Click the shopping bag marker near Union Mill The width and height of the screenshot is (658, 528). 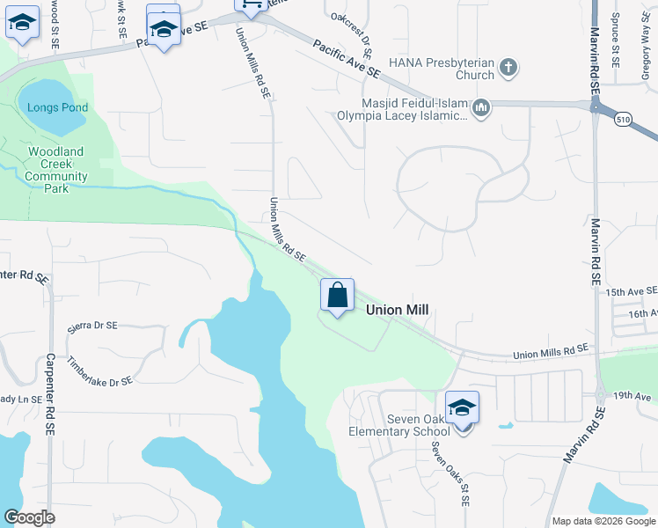point(337,296)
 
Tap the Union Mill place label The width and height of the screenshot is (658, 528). point(396,310)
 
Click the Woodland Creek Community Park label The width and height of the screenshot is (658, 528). point(55,164)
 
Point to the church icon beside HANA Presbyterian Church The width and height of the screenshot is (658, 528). point(508,67)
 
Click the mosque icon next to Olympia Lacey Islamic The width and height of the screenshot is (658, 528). point(480,108)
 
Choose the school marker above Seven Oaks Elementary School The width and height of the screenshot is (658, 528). point(462,408)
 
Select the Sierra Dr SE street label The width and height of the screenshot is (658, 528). point(93,326)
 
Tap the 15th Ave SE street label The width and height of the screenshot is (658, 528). point(632,291)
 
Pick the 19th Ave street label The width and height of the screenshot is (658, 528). point(634,397)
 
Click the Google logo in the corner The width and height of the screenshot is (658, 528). point(29,517)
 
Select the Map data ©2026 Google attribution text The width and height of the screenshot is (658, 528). point(603,521)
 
